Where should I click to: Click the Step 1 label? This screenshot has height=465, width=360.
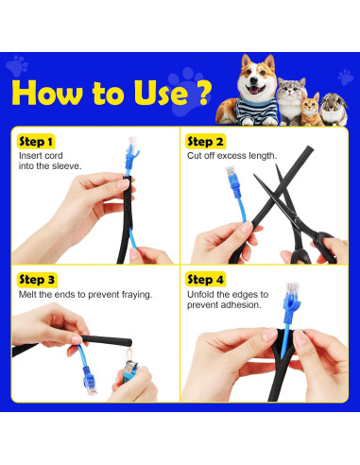pos(36,142)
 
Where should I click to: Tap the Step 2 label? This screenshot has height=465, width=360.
pos(205,142)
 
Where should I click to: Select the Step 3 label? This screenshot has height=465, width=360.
pos(37,280)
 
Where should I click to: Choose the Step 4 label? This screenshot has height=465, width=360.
pos(205,280)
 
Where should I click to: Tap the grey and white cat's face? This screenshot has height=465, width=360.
pos(291,90)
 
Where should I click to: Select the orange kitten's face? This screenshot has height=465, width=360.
pos(309,107)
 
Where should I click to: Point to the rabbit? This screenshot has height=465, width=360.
pos(334,110)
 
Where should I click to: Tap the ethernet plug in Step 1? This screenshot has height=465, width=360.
pos(132,148)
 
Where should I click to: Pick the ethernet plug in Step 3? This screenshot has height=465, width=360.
pos(90,382)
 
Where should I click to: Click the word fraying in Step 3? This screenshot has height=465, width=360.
pos(137,295)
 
